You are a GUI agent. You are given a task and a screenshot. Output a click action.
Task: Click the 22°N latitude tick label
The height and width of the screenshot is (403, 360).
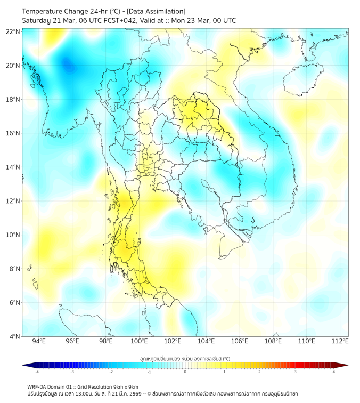pyautogui.click(x=13, y=31)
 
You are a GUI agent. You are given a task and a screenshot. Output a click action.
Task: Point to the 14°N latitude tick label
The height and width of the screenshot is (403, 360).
pyautogui.click(x=13, y=167)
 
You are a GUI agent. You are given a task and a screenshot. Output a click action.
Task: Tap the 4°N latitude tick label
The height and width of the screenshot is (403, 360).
pyautogui.click(x=14, y=336)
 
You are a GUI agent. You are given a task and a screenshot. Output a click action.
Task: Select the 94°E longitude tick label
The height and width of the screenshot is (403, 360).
pyautogui.click(x=39, y=341)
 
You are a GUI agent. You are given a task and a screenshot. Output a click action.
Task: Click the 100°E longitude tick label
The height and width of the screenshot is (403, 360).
pyautogui.click(x=139, y=341)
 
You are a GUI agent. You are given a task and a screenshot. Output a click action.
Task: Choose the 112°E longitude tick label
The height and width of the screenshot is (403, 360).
pyautogui.click(x=340, y=341)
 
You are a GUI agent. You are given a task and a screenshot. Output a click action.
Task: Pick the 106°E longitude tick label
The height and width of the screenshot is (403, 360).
pyautogui.click(x=240, y=341)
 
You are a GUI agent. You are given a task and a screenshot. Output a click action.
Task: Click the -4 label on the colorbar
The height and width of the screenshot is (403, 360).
pyautogui.click(x=37, y=372)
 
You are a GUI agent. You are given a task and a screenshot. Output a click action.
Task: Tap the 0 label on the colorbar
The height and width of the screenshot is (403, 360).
pyautogui.click(x=185, y=372)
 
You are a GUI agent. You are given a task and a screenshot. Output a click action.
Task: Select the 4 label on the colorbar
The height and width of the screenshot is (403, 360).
pyautogui.click(x=333, y=372)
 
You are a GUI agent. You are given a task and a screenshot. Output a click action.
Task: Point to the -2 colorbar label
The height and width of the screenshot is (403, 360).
pyautogui.click(x=111, y=372)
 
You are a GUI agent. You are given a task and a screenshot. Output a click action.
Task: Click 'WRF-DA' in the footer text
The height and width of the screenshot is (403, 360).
pyautogui.click(x=38, y=386)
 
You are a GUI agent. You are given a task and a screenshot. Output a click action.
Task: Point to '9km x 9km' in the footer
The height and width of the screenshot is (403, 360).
pyautogui.click(x=124, y=386)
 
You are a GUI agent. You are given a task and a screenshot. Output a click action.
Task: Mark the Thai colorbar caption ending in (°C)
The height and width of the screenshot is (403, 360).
pyautogui.click(x=185, y=358)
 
